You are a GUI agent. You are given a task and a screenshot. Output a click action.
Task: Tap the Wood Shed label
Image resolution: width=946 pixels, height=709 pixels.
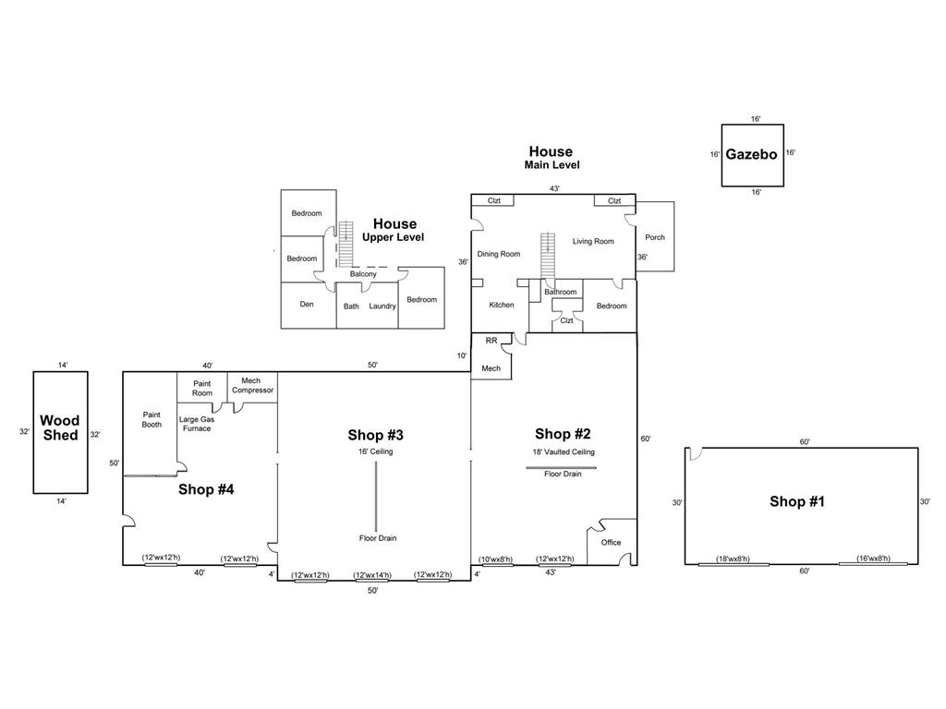(x=60, y=427)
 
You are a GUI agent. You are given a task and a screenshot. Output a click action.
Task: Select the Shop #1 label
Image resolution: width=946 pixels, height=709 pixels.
(x=796, y=501)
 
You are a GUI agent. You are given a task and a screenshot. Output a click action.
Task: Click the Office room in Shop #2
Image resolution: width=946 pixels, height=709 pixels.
(x=611, y=543)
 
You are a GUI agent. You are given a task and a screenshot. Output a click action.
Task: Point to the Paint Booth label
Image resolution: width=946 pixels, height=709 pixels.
(x=152, y=419)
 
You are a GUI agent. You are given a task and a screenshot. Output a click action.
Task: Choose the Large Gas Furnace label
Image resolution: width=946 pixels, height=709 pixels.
(x=196, y=424)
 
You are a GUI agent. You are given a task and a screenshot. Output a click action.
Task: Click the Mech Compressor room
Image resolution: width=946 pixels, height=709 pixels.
(x=252, y=385)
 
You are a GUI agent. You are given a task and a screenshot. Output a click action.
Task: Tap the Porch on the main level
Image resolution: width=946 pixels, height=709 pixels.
(x=655, y=237)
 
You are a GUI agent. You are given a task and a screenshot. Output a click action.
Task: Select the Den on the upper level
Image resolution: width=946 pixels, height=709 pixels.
(x=307, y=304)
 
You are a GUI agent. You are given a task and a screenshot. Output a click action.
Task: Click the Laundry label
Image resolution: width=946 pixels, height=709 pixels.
(x=382, y=306)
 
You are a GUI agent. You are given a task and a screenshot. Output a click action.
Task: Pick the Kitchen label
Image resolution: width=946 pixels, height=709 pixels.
(x=502, y=305)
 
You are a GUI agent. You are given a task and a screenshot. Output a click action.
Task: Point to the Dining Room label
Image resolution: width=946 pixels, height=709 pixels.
(x=499, y=254)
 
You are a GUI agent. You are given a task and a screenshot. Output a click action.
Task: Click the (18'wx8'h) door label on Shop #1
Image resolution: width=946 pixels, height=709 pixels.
(x=733, y=559)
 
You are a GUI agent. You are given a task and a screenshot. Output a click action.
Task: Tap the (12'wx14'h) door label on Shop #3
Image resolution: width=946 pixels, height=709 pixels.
(x=372, y=575)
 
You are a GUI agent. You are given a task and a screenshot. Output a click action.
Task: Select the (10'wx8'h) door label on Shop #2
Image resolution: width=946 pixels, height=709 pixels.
(x=496, y=559)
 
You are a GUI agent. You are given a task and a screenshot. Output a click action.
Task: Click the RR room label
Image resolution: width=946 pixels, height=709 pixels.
(x=491, y=341)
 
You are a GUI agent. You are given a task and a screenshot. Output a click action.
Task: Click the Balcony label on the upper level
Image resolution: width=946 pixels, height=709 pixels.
(x=363, y=274)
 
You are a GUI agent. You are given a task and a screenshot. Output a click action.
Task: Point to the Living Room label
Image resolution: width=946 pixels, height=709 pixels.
(x=593, y=242)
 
